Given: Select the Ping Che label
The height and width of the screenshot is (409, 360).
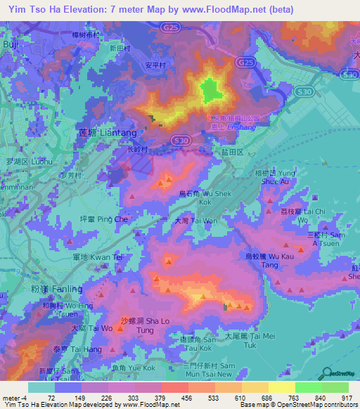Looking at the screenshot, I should [x=103, y=219].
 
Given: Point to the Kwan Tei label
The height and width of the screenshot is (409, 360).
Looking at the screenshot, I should [x=103, y=257].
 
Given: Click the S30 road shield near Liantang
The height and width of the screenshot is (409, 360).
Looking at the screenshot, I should [x=181, y=141].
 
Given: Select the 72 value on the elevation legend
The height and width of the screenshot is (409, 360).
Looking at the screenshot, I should [x=51, y=398].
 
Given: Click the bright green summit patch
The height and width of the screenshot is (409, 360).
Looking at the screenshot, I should [x=209, y=90].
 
